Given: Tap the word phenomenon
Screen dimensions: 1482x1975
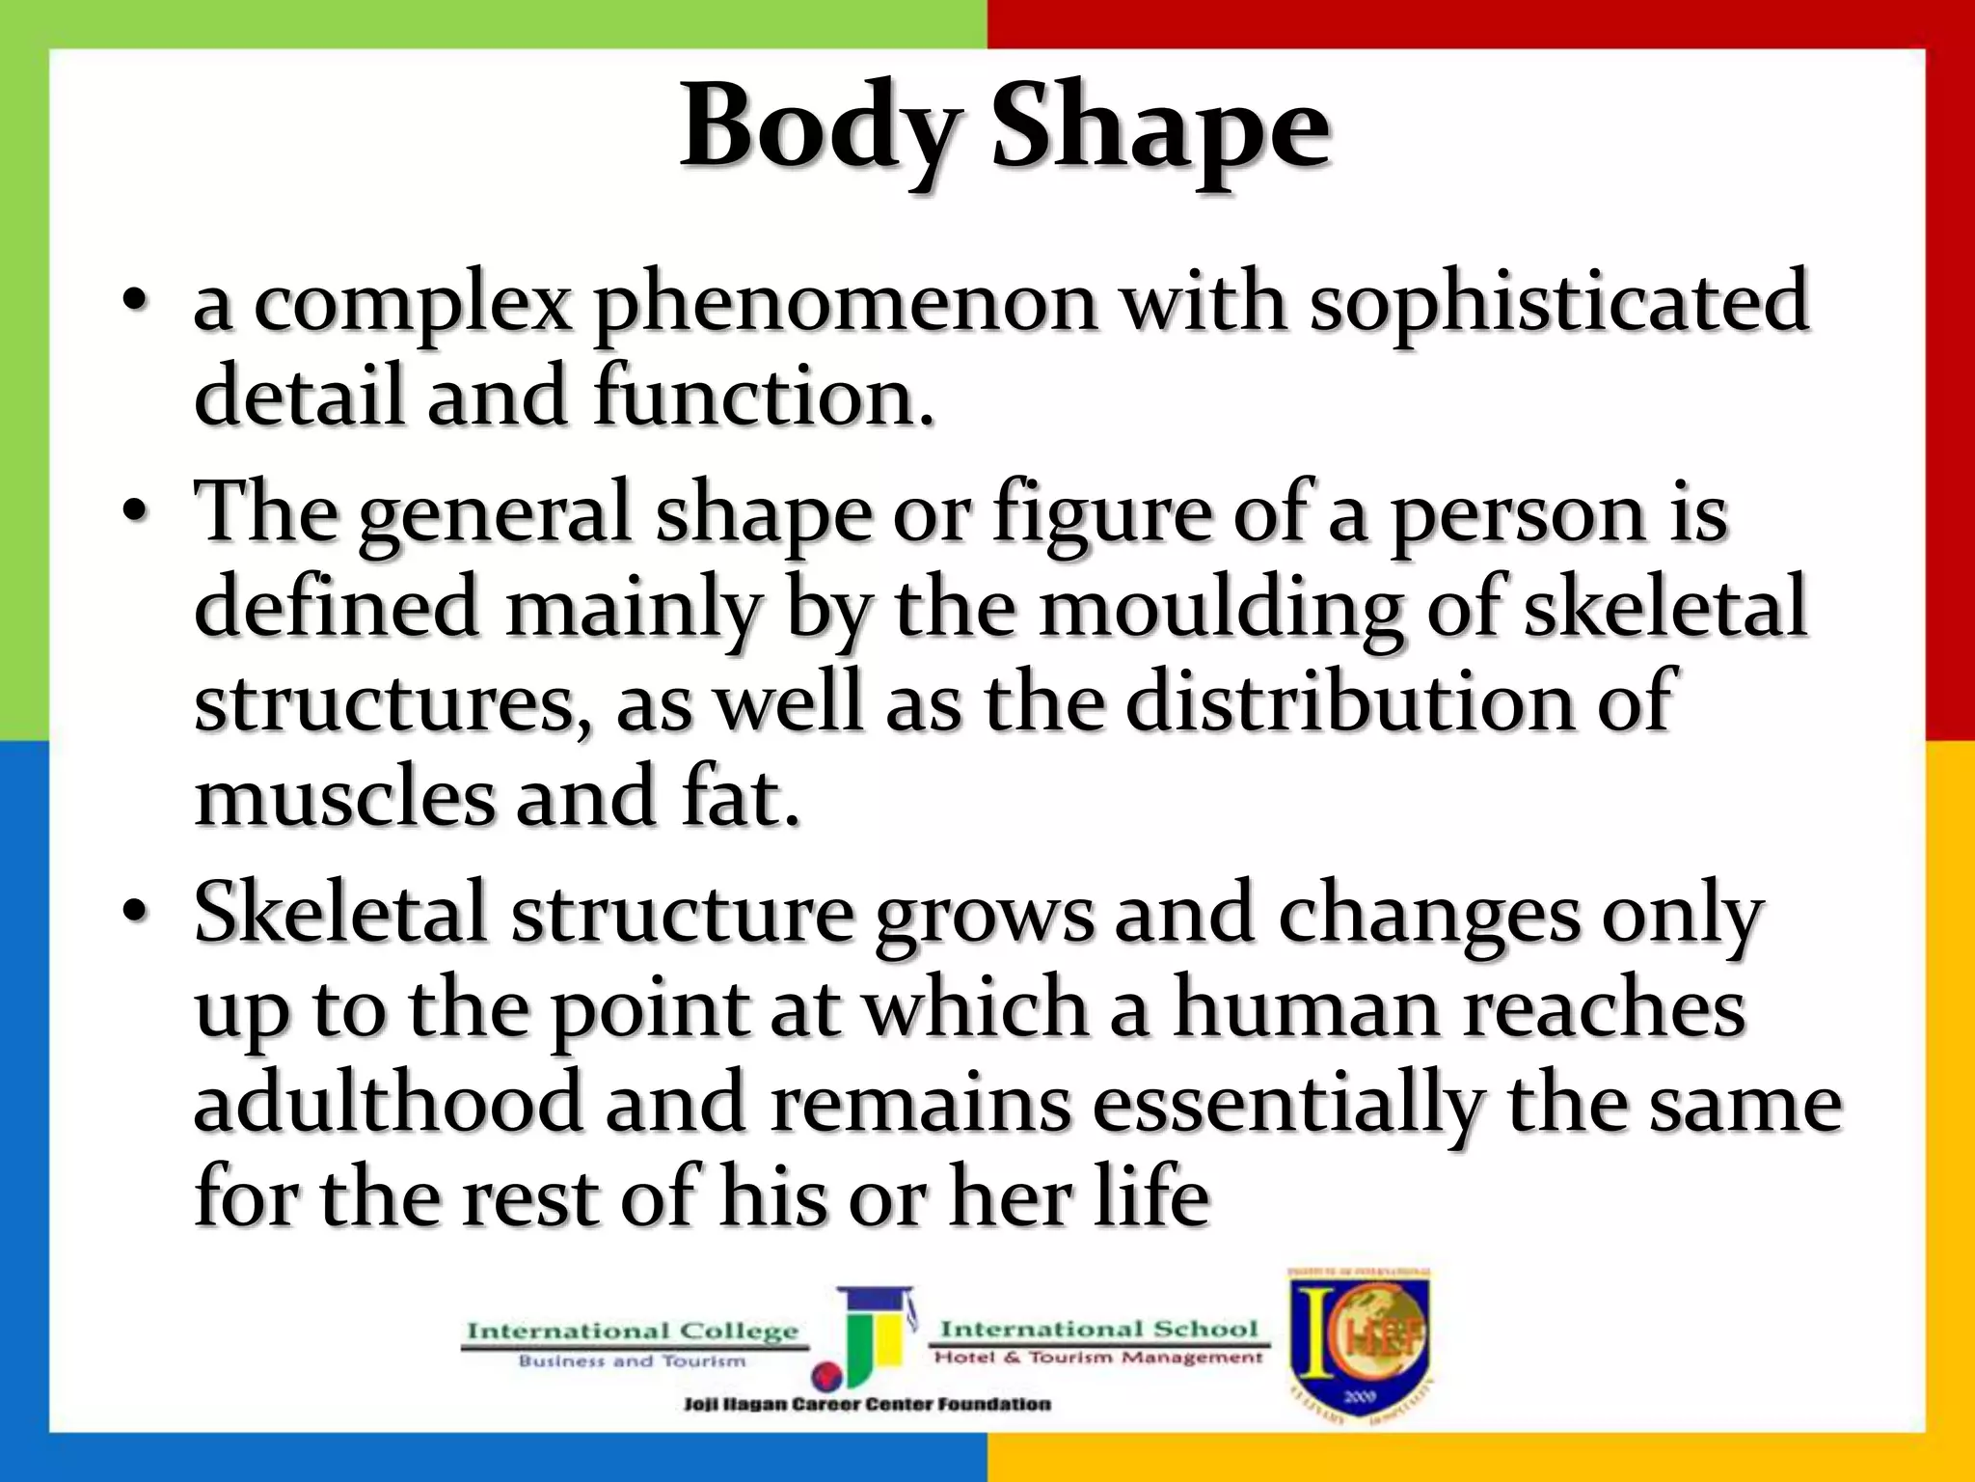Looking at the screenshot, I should [x=845, y=304].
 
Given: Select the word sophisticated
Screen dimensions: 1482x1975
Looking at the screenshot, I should [x=1557, y=304].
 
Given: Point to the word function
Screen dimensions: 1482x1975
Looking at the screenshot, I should [x=763, y=397].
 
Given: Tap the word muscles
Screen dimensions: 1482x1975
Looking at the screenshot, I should [x=343, y=798].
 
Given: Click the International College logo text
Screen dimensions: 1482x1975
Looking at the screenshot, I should [x=633, y=1332].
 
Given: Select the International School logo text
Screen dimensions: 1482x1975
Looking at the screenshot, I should [x=1098, y=1330].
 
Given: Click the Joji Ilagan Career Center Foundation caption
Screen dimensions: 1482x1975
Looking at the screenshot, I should [x=866, y=1404].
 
